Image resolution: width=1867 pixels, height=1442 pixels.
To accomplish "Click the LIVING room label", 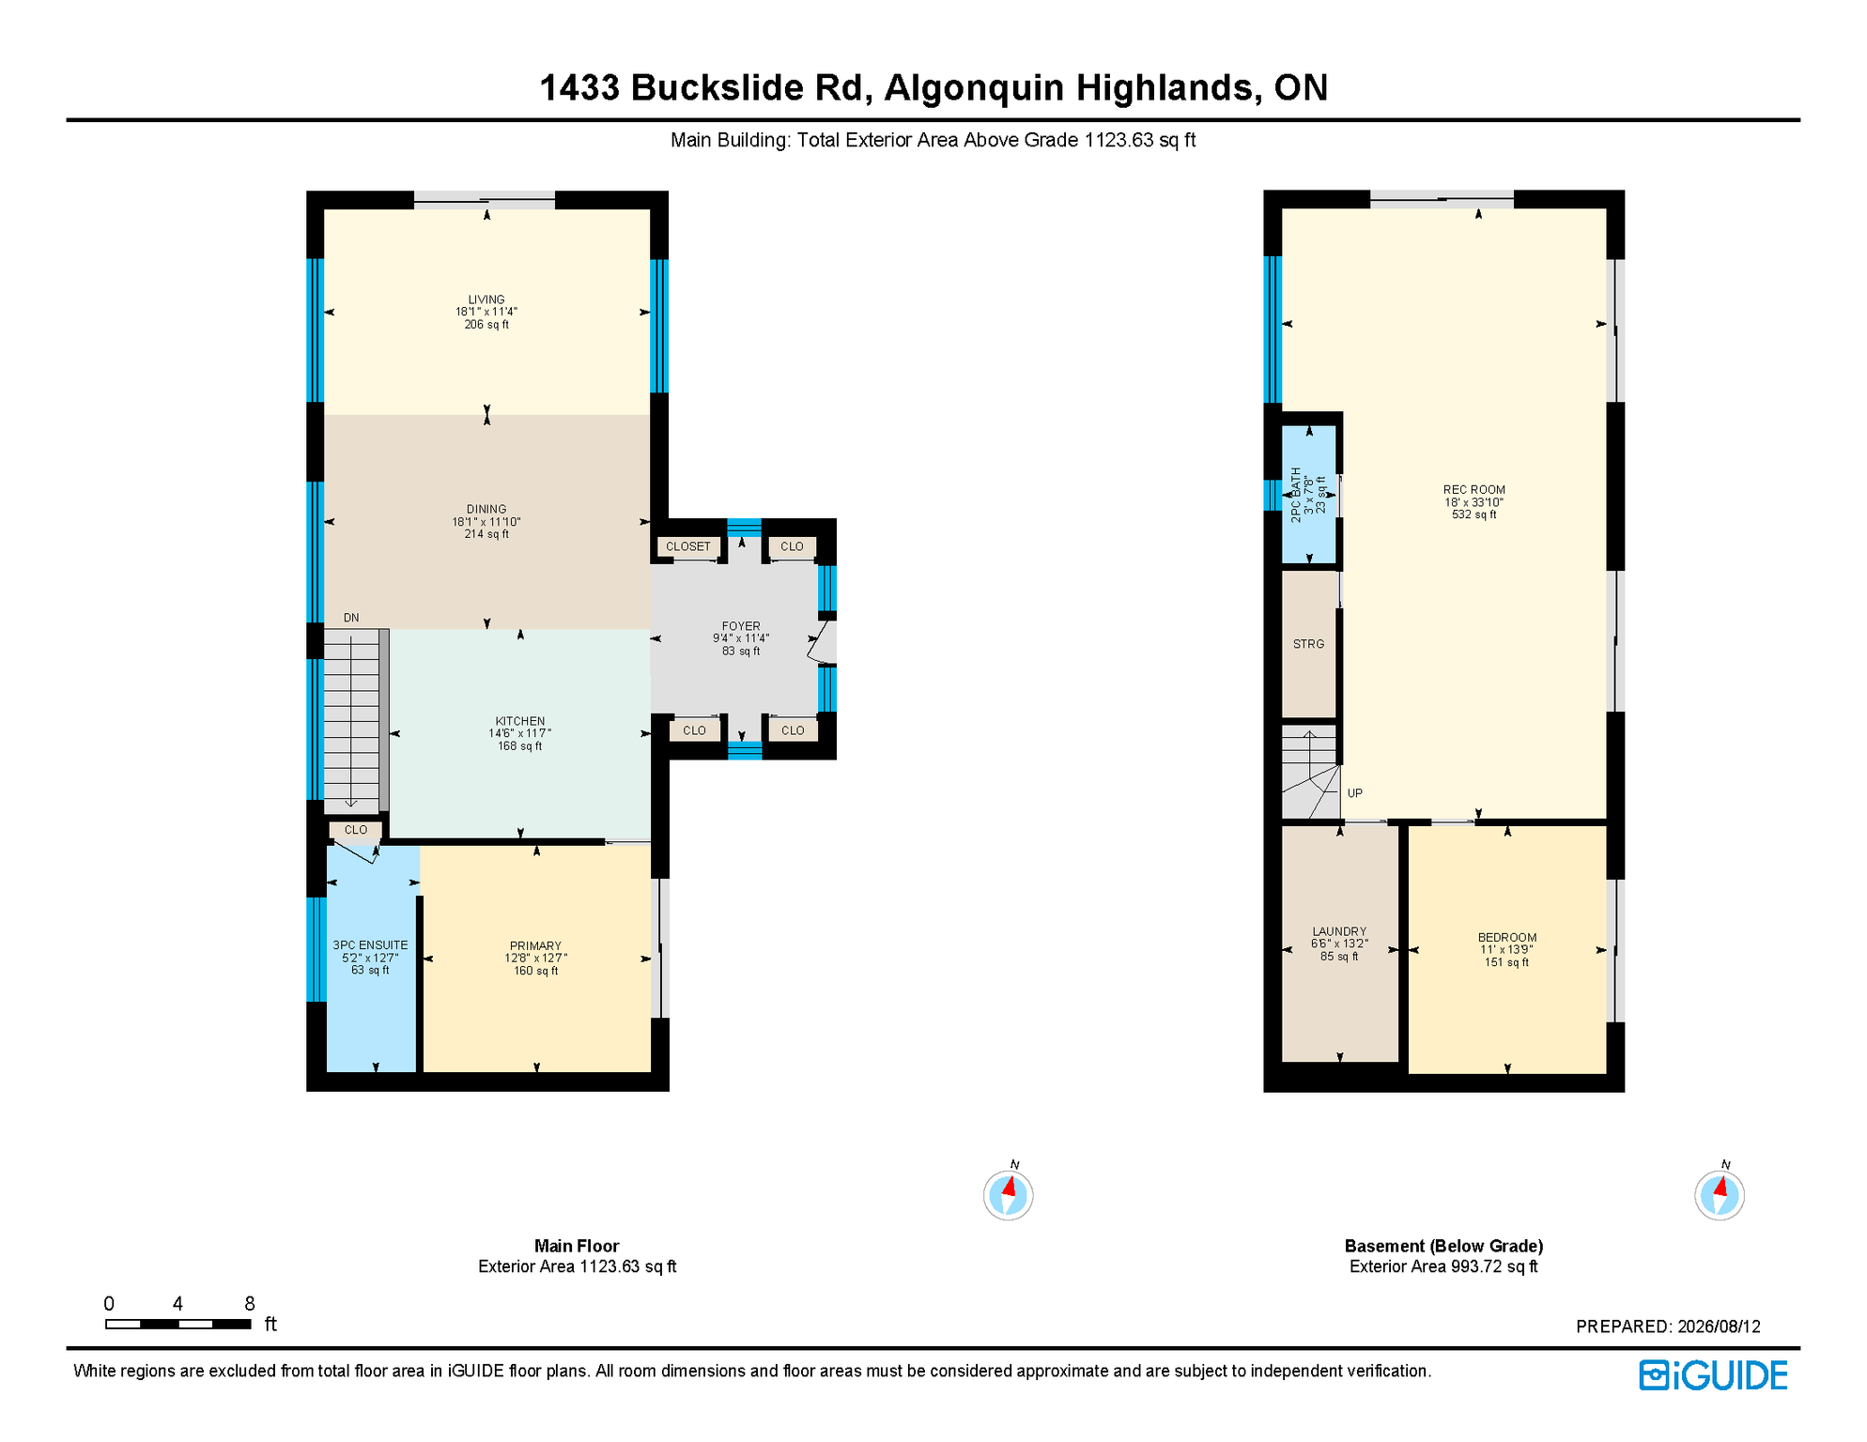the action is tap(486, 299).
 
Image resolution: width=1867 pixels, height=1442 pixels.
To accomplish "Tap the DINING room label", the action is tap(486, 509).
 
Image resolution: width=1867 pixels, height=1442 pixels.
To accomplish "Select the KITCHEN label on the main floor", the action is tap(520, 721).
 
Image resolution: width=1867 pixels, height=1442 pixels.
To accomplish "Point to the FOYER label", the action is tap(741, 626).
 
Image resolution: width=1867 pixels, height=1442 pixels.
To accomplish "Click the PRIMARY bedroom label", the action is tap(535, 945).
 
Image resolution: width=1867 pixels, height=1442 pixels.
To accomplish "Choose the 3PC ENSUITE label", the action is tap(370, 945).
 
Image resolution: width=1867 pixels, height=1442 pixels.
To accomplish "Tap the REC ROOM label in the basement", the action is tap(1474, 489).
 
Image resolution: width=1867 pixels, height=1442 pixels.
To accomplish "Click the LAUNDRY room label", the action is tap(1339, 931).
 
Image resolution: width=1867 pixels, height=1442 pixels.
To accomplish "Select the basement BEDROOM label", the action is tap(1507, 937).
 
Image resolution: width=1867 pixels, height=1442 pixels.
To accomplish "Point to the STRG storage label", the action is tap(1308, 644).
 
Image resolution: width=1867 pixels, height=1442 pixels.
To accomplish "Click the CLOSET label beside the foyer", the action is tap(688, 546).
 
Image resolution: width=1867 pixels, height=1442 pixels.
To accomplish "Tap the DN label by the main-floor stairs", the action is tap(351, 618).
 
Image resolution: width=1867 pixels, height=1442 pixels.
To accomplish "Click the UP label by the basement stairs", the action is tap(1355, 793).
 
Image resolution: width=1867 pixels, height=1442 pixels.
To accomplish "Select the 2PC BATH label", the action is tap(1296, 495).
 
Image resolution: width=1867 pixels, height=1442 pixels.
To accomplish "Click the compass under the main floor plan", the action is tap(1009, 1194).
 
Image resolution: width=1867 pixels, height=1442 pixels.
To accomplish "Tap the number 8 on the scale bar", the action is tap(250, 1303).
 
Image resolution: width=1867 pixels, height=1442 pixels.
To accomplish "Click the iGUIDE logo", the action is tap(1714, 1375).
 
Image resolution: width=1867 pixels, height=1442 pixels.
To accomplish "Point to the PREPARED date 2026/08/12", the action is tap(1719, 1327).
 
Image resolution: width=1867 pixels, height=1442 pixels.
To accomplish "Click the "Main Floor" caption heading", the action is tap(577, 1246).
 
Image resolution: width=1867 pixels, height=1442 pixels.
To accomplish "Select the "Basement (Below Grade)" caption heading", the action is tap(1443, 1246).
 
